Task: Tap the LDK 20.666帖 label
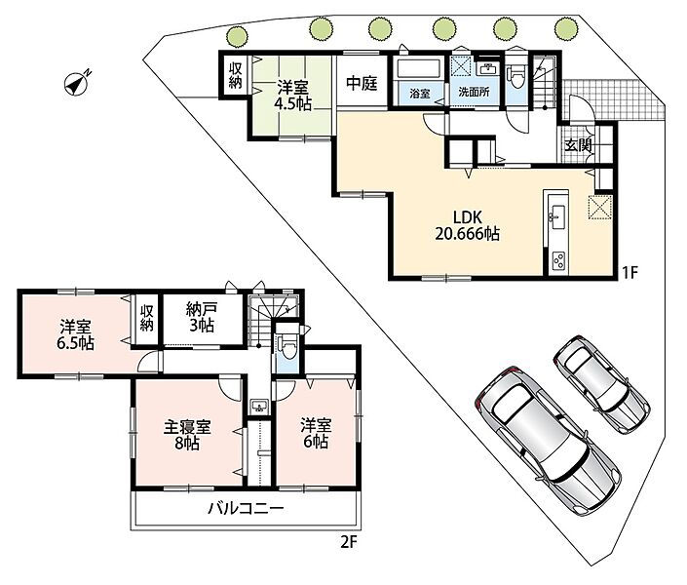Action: tap(467, 225)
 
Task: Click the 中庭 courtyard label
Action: tap(362, 83)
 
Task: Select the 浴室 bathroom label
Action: tap(420, 93)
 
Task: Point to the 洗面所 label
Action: tap(474, 92)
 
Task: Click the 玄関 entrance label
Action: tap(578, 145)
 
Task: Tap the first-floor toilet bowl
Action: tap(516, 78)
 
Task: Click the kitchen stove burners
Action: tap(558, 262)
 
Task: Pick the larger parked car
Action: tap(548, 440)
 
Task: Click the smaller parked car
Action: tap(601, 384)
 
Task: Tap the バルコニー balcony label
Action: tap(246, 509)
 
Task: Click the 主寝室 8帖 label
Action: tap(187, 435)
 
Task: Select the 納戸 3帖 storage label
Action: tap(201, 318)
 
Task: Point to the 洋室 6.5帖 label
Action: tap(76, 334)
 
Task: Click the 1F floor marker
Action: tap(630, 273)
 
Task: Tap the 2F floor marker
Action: tap(349, 543)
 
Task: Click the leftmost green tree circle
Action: tap(236, 35)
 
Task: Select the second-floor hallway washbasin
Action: tap(259, 406)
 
